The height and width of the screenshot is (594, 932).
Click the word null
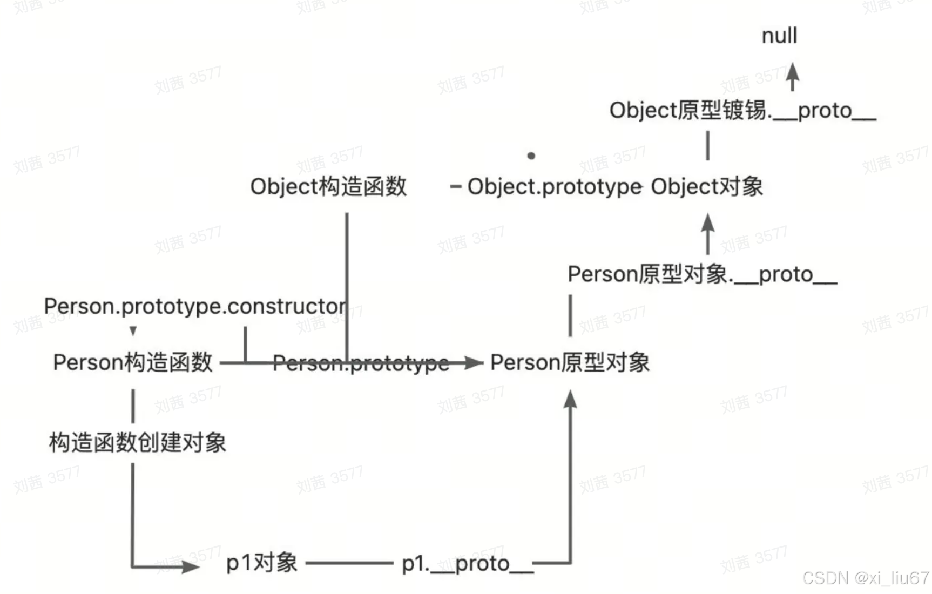click(779, 36)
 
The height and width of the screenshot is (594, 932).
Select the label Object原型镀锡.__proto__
click(742, 111)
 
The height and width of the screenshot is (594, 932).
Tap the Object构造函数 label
click(328, 187)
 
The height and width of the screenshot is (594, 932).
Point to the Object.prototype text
click(555, 187)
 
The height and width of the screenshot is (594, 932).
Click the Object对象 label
click(707, 187)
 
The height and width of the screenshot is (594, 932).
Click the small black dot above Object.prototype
click(531, 156)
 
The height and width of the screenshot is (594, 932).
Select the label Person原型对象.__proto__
click(702, 275)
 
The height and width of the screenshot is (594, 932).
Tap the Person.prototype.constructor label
click(195, 306)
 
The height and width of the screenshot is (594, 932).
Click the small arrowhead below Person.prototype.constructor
click(133, 330)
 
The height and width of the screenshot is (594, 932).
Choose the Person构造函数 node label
click(133, 362)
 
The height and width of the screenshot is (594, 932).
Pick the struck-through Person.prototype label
click(361, 363)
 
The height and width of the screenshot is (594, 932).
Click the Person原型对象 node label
click(570, 362)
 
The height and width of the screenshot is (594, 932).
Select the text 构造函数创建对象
click(138, 443)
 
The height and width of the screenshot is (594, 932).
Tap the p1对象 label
click(262, 563)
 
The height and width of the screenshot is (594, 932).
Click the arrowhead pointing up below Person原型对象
click(570, 399)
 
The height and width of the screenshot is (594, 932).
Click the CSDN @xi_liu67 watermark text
click(866, 578)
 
